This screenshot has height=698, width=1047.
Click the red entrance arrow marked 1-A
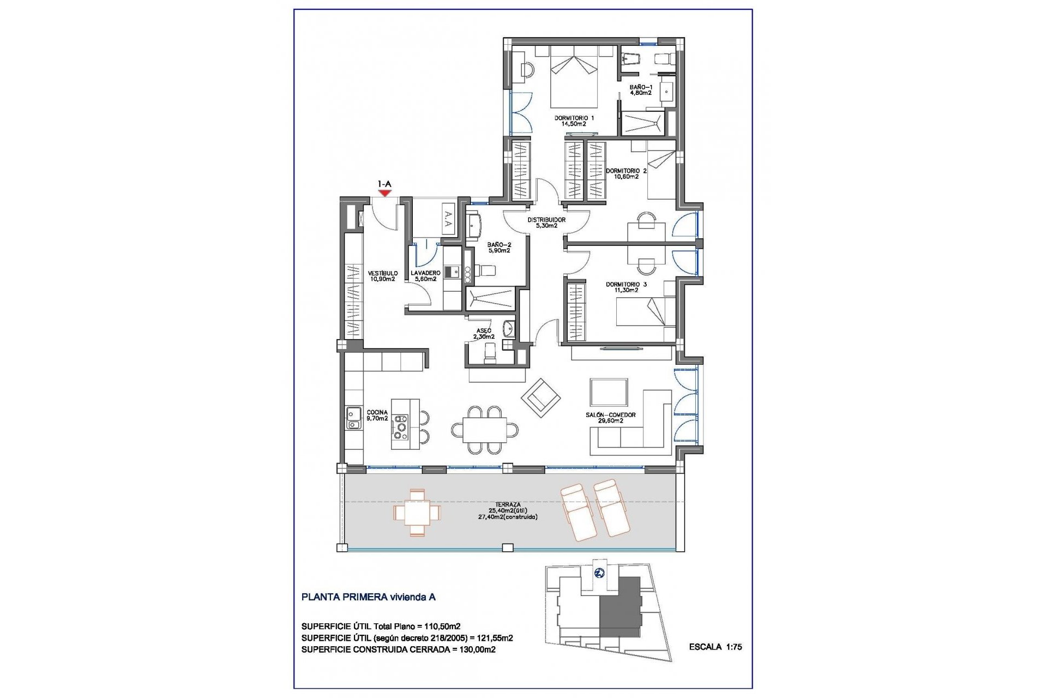pos(385,192)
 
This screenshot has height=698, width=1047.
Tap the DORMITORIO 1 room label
pos(574,118)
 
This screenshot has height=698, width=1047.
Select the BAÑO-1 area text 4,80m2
pos(641,93)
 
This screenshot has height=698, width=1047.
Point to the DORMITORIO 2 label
pos(626,171)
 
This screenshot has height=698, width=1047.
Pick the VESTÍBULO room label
pos(382,273)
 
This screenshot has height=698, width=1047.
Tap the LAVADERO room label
pos(425,273)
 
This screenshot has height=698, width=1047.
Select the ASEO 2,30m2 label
pos(484,334)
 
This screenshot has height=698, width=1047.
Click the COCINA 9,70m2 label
pos(377,416)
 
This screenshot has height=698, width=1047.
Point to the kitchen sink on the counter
pos(353,418)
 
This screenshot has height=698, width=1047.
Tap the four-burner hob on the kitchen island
pos(401,427)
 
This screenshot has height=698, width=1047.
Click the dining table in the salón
pos(485,430)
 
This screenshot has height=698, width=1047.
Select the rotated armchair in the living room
pos(540,398)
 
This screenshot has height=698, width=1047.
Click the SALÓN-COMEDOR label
pos(611,415)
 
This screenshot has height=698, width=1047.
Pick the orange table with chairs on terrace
pos(417,513)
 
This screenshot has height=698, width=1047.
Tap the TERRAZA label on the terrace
pos(508,505)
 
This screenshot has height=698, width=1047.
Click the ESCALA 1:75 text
pos(715,647)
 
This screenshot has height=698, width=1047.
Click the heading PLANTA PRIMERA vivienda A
pos(368,597)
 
